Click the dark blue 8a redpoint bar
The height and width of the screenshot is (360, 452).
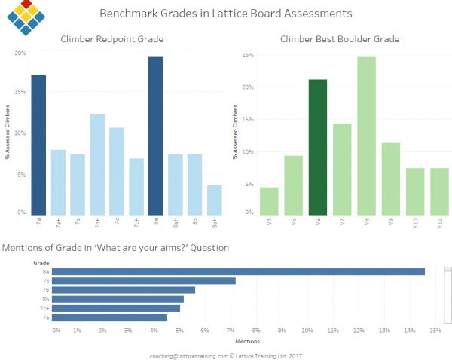[x=155, y=136]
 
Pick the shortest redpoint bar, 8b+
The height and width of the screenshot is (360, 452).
[x=215, y=200]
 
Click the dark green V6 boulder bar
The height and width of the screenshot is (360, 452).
[x=318, y=148]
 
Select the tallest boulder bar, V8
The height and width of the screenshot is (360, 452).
[x=367, y=136]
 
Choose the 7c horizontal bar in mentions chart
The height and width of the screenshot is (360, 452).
[x=143, y=280]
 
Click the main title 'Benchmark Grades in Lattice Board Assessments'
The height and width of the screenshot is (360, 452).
[x=225, y=14]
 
